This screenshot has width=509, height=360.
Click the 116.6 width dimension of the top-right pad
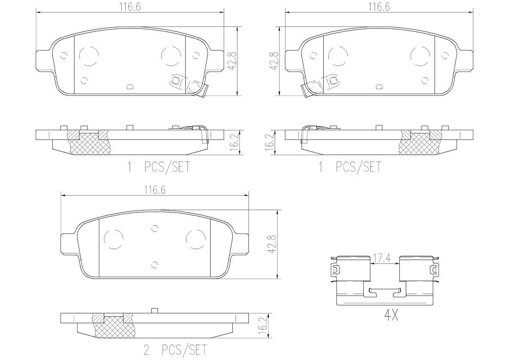(x=379, y=7)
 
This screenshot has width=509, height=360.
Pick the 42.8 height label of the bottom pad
(x=272, y=245)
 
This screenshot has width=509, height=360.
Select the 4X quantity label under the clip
(x=391, y=316)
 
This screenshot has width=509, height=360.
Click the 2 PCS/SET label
(x=175, y=350)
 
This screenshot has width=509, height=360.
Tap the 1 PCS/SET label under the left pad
(x=158, y=167)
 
